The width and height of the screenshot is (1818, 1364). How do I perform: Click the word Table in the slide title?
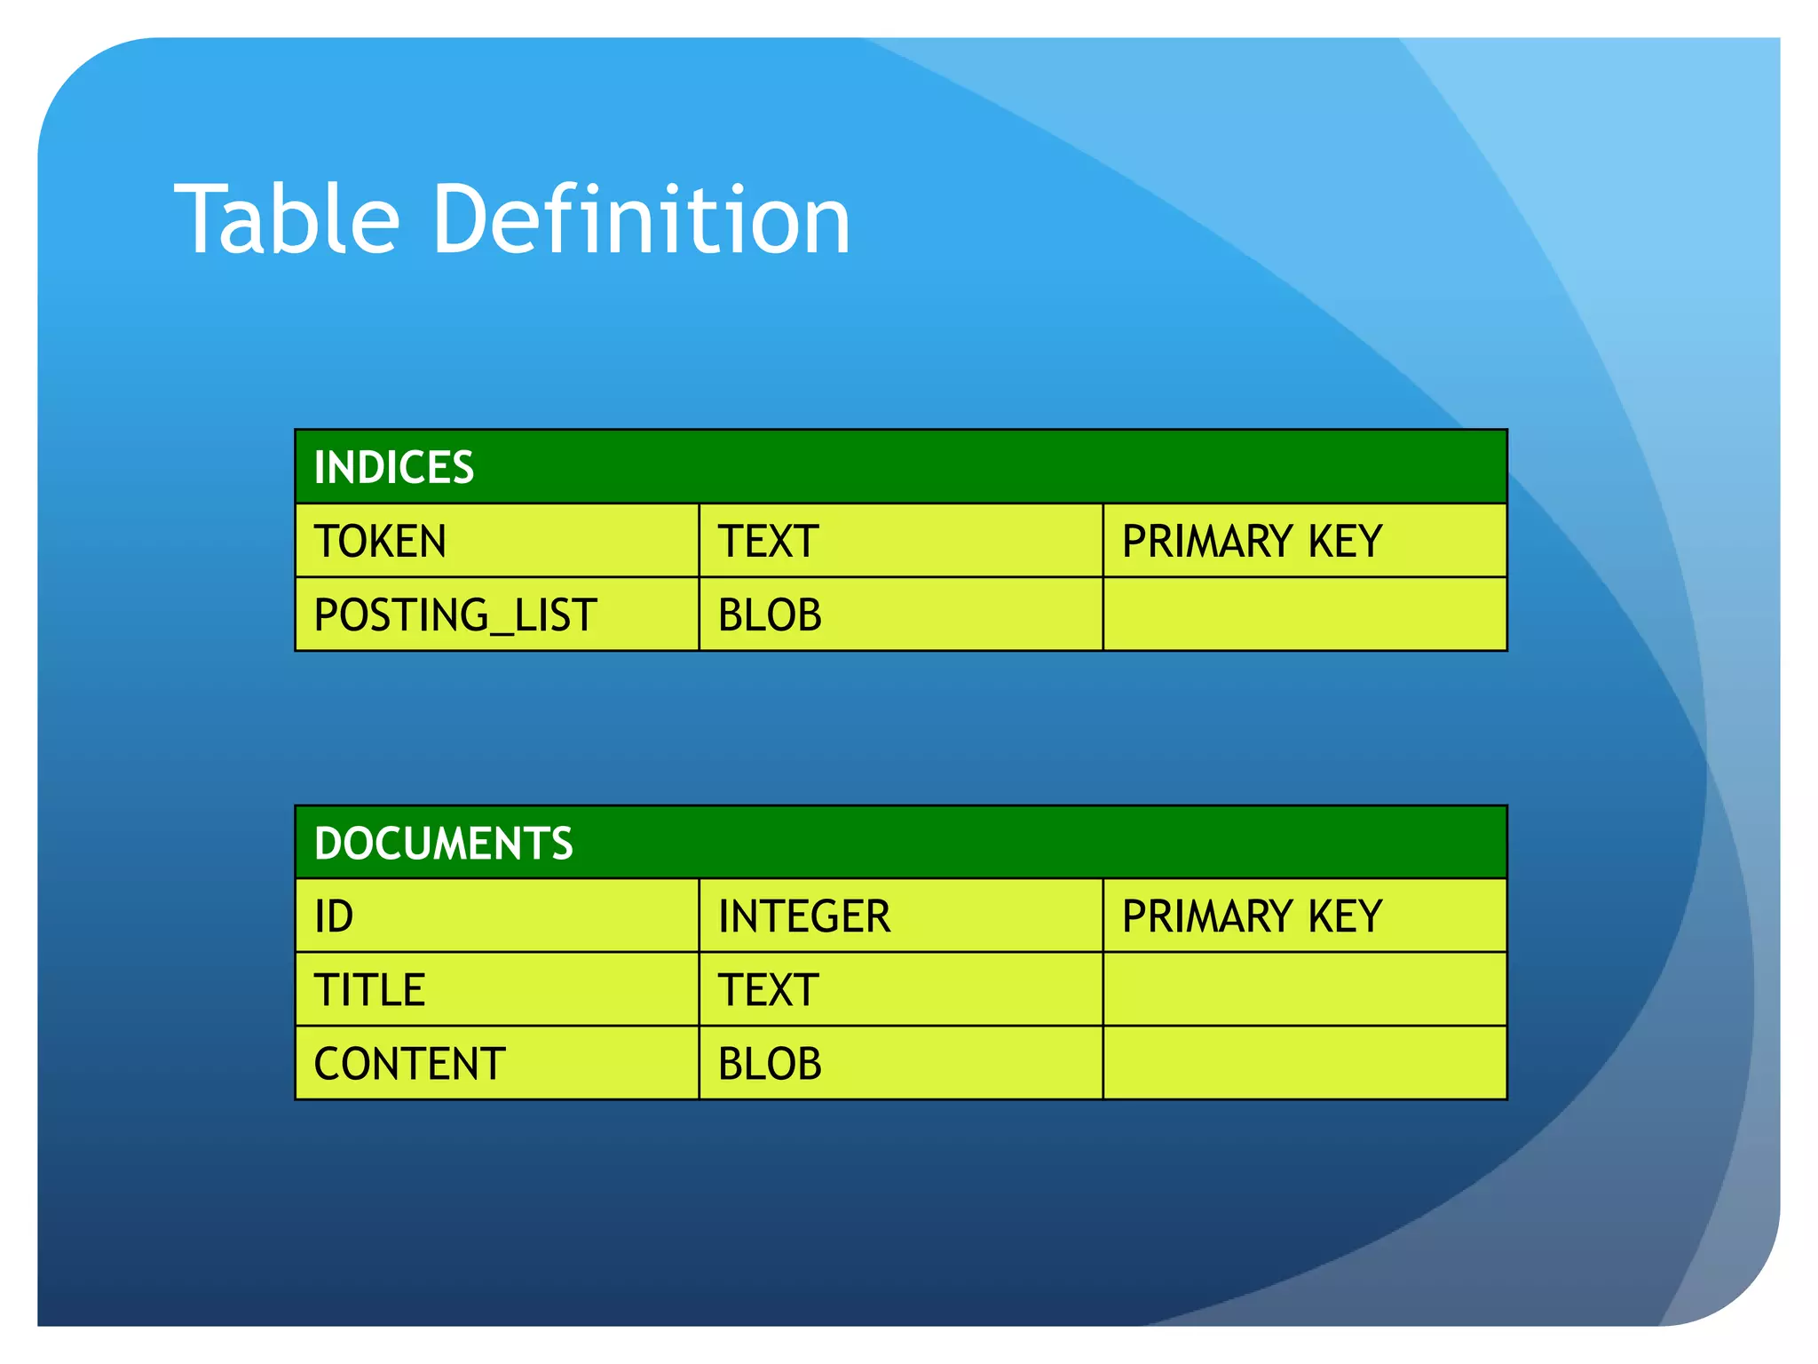click(287, 219)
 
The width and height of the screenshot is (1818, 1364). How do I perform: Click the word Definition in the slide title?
click(641, 219)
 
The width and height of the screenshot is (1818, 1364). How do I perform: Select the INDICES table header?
click(394, 467)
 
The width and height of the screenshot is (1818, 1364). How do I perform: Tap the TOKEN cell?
click(380, 541)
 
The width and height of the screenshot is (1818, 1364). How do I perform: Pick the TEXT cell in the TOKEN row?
click(768, 541)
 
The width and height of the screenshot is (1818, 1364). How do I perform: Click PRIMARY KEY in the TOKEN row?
click(1252, 541)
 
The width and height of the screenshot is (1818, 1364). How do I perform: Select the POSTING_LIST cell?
click(455, 615)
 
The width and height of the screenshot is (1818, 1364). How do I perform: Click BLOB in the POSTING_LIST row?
click(770, 615)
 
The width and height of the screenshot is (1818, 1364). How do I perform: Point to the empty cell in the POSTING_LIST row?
click(1304, 615)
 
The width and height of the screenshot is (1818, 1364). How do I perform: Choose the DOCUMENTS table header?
click(444, 843)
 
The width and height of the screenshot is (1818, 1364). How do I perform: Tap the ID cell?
click(334, 916)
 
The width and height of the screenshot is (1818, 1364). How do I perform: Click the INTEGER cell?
click(804, 916)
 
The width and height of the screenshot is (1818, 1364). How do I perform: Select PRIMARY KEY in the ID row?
click(1252, 916)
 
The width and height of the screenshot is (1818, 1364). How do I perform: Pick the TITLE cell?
click(370, 990)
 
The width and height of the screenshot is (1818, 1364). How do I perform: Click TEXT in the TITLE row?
click(768, 990)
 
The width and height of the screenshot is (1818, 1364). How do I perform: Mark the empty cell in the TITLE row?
click(1304, 990)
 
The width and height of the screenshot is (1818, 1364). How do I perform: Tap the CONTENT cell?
click(409, 1064)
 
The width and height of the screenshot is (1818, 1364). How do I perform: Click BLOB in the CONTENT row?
click(770, 1064)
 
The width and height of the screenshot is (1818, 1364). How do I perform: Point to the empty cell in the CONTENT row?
click(1304, 1064)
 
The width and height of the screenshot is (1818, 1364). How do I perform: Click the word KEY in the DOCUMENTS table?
click(1345, 916)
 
